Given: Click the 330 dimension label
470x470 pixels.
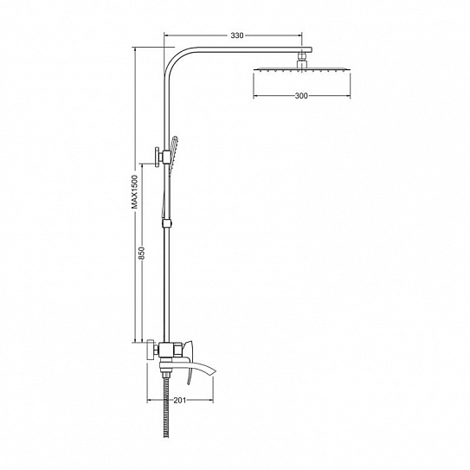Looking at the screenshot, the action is point(237,35).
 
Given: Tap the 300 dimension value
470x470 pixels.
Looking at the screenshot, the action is point(301,96).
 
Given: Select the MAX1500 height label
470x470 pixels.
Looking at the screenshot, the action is point(135,192).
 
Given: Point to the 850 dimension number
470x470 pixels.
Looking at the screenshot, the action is point(142,253).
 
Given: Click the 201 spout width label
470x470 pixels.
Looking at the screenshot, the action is point(180,400).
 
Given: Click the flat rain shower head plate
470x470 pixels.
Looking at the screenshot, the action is point(302,69).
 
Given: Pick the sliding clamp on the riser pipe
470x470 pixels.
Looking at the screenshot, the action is point(167,223).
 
